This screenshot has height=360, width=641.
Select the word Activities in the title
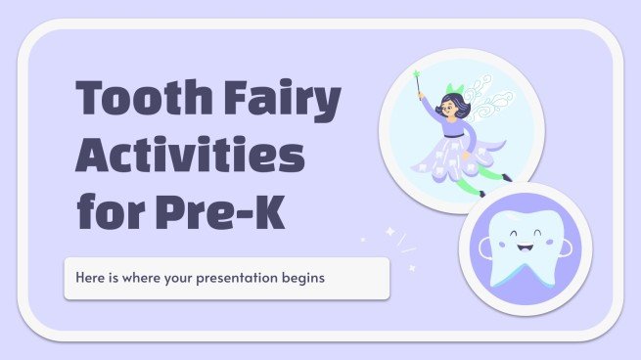[190, 156]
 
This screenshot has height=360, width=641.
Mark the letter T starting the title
[96, 101]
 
